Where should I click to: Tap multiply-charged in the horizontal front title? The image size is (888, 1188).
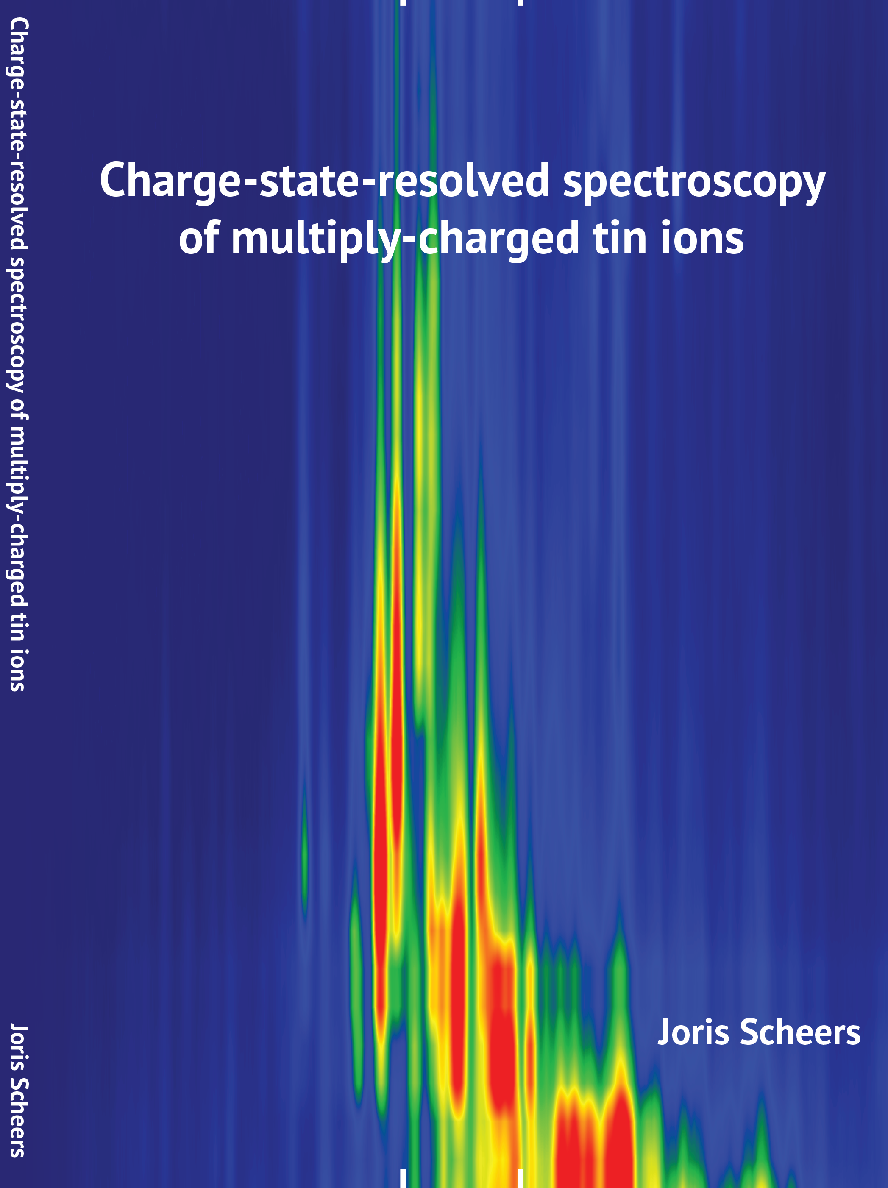click(x=405, y=239)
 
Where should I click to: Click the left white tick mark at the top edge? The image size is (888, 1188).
click(x=402, y=2)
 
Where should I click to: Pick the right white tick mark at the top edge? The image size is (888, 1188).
click(x=520, y=2)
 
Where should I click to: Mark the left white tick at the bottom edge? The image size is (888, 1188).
click(x=402, y=1179)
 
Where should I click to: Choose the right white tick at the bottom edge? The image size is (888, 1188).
click(x=520, y=1179)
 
